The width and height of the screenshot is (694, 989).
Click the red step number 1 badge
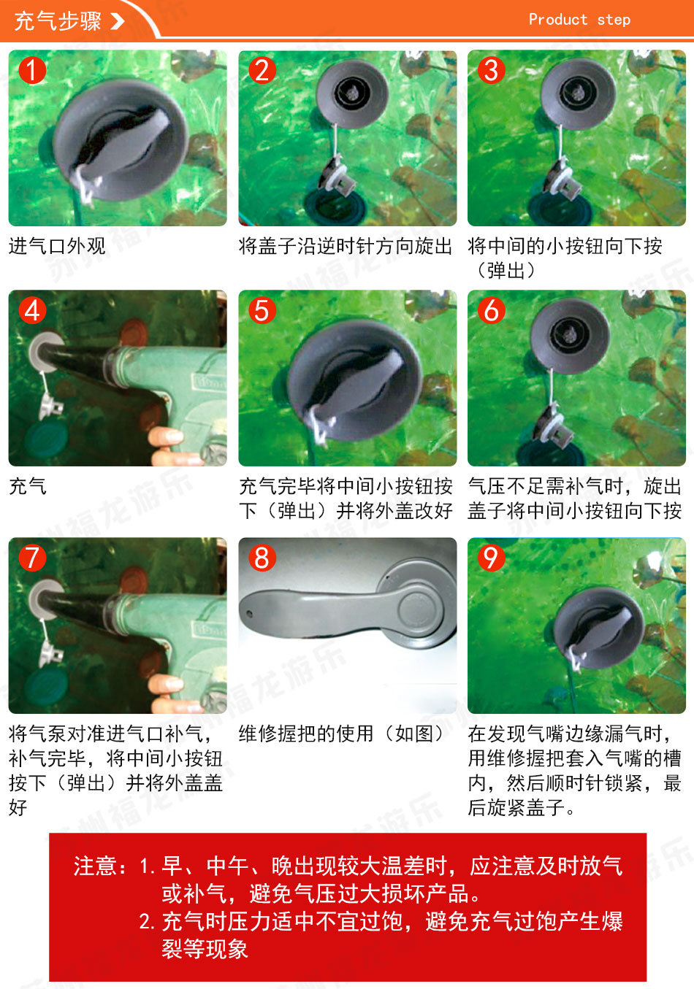point(32,70)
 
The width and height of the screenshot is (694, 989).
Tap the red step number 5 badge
point(262,310)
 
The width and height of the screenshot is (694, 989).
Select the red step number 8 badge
point(262,558)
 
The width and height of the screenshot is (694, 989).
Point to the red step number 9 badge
point(491,558)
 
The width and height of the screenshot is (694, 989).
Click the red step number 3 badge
point(491,70)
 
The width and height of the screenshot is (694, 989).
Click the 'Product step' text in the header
point(579,20)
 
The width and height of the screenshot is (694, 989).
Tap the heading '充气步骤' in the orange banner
point(58,20)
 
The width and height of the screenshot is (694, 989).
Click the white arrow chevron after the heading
point(117,20)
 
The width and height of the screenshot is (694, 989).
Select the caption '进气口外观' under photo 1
point(57,246)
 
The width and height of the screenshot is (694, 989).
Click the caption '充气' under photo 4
point(28,487)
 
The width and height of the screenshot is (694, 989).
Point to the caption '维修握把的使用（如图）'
point(341,734)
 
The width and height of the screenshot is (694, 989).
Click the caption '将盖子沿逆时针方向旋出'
point(346,246)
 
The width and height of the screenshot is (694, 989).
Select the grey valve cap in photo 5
point(354,380)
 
